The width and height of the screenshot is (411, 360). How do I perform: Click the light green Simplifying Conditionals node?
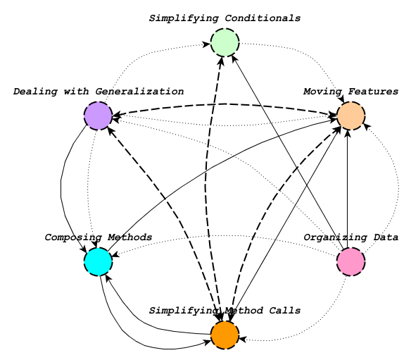(225, 42)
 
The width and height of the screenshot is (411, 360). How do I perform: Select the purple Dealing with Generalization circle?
(99, 116)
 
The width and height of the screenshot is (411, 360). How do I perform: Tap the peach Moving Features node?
(351, 116)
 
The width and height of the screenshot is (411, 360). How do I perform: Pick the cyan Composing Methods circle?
(99, 261)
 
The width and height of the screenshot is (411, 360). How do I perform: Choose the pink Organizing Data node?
(351, 261)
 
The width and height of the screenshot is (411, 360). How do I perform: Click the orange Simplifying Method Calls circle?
(225, 335)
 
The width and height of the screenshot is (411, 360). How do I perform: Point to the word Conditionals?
(263, 18)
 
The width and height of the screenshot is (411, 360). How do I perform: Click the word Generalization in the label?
(139, 92)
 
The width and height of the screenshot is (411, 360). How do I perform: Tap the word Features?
(373, 92)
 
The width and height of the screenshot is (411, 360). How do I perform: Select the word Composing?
(73, 237)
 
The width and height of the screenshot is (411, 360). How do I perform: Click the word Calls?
(284, 311)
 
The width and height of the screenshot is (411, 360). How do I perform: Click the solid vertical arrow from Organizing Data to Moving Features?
(348, 189)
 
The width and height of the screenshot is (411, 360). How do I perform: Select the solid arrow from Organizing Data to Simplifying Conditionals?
(288, 152)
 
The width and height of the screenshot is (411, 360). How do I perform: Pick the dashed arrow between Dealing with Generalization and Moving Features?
(225, 104)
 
